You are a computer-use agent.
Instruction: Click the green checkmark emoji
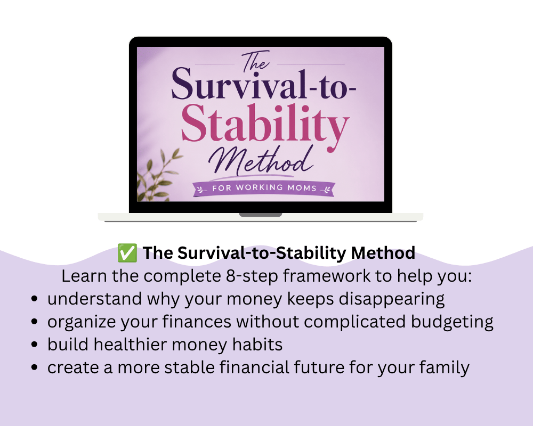[127, 253]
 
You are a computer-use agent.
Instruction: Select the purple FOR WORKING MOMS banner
[264, 189]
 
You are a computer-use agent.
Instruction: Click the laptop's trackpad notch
[261, 215]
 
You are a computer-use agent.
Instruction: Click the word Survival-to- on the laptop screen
[264, 84]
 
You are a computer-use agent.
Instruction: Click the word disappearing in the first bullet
[392, 299]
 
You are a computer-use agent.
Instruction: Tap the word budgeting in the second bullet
[452, 322]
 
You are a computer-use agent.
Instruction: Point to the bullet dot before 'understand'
[34, 299]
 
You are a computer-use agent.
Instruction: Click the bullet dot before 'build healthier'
[34, 345]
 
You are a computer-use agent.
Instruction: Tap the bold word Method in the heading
[383, 253]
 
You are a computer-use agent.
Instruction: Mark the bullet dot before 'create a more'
[34, 367]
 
